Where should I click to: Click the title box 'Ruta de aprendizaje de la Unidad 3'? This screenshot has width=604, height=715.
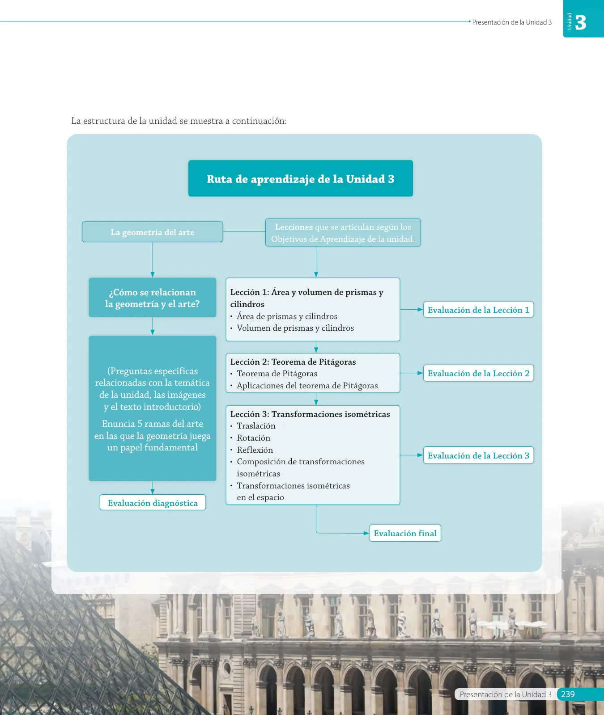click(x=301, y=178)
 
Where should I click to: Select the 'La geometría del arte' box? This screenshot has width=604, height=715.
click(x=153, y=232)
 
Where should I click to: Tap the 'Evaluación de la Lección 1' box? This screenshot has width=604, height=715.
click(x=478, y=310)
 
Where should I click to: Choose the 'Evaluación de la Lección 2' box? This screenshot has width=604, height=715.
click(x=478, y=373)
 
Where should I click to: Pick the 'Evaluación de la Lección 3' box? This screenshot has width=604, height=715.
click(x=478, y=455)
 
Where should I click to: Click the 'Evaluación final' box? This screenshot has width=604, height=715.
click(x=405, y=533)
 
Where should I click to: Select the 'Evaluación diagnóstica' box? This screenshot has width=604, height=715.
click(x=153, y=502)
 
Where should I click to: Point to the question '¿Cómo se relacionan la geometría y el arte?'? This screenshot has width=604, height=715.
click(x=153, y=298)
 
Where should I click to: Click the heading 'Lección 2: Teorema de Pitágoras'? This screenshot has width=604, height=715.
click(x=293, y=362)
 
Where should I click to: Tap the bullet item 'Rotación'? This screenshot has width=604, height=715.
click(x=253, y=438)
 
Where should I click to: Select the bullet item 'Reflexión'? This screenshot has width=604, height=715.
click(x=255, y=450)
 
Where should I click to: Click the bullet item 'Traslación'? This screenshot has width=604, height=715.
click(x=256, y=426)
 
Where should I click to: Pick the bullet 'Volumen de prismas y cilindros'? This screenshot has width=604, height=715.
click(x=295, y=328)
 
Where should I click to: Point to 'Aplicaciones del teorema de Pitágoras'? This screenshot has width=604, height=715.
click(x=307, y=386)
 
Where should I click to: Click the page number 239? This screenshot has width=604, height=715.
click(x=568, y=694)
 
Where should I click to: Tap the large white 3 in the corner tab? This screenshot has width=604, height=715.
click(x=581, y=22)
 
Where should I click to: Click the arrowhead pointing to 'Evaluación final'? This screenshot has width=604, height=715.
click(x=366, y=533)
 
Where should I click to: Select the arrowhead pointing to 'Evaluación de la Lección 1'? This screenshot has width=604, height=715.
click(x=420, y=309)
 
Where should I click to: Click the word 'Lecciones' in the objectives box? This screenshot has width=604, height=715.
click(x=294, y=227)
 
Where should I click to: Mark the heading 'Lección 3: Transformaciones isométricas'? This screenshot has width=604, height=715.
click(x=310, y=414)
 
